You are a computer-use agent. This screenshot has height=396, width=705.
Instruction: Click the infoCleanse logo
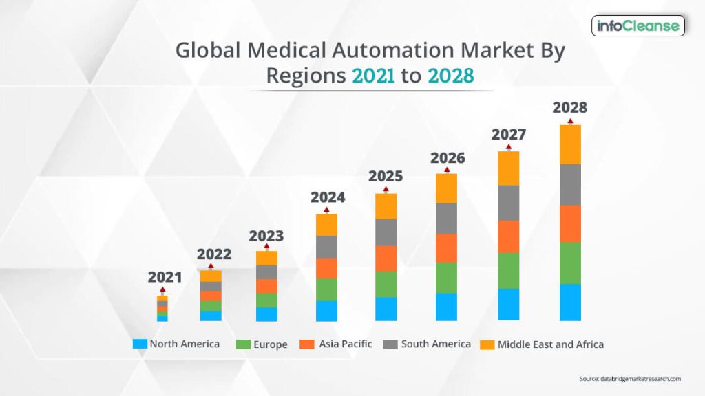(638, 26)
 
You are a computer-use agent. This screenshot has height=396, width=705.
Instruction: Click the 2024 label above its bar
(328, 197)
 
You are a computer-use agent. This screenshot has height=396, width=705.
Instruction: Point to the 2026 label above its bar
(448, 158)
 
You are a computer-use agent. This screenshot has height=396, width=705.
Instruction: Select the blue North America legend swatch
(140, 344)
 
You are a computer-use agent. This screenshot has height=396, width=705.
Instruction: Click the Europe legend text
(270, 344)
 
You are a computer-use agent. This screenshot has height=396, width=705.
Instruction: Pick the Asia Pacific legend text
(345, 344)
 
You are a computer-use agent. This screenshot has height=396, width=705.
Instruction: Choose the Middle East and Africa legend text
(550, 344)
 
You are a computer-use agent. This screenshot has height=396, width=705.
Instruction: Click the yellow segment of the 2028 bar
(570, 144)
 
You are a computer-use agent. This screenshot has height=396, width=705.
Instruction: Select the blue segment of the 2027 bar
(508, 304)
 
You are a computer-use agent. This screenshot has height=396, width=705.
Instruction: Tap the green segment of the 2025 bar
(386, 284)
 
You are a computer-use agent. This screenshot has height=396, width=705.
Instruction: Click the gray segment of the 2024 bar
(326, 247)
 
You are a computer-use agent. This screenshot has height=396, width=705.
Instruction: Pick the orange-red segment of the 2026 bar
(446, 248)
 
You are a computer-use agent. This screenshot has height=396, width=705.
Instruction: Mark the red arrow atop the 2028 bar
(570, 121)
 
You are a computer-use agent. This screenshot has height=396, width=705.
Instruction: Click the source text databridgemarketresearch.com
(630, 379)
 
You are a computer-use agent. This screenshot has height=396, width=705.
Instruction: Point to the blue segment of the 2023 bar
(266, 314)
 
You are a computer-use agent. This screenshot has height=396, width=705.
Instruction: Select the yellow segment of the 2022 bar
(211, 276)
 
